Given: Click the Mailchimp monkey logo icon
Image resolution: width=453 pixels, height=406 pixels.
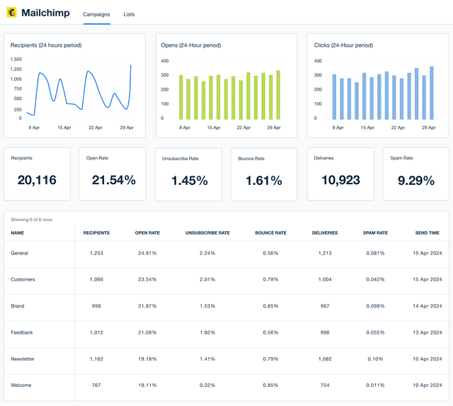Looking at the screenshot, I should [11, 13].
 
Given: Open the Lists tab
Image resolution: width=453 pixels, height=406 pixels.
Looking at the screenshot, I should [128, 14].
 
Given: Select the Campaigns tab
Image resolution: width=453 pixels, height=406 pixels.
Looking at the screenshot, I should [96, 14].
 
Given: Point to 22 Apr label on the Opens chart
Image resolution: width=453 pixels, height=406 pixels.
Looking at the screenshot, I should [243, 128].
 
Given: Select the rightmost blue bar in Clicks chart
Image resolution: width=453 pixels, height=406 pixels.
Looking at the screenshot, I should [432, 93].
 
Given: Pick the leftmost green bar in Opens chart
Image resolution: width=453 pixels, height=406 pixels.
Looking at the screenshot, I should [180, 97].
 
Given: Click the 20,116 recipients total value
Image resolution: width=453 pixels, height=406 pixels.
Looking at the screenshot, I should [37, 181].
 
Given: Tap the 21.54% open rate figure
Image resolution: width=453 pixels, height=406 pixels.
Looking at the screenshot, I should [113, 181].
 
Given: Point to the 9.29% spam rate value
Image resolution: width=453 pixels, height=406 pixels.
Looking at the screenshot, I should [415, 181].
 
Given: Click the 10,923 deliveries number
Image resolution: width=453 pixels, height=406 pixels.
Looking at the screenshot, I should [340, 181].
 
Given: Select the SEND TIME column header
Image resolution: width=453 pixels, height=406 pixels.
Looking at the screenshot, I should [427, 232].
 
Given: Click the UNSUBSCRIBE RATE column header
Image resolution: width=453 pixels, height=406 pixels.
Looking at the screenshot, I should [207, 232].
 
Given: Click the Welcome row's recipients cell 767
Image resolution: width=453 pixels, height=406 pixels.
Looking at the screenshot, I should [96, 386].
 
